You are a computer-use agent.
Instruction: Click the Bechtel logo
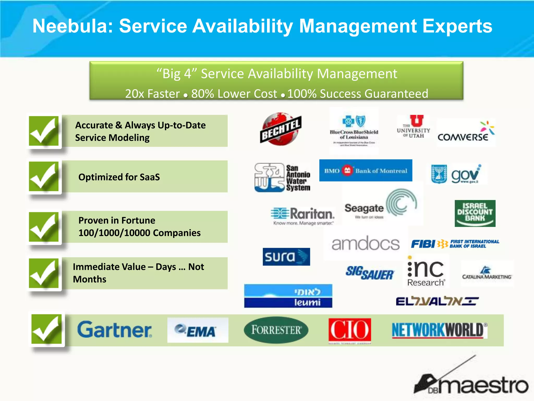tap(281, 129)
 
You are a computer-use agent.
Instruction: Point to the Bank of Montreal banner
tap(366, 170)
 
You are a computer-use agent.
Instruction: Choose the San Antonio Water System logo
tap(282, 178)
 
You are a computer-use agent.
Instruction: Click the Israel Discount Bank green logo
tap(475, 213)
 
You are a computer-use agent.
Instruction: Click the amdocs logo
tap(366, 244)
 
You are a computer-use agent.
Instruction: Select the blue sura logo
tap(286, 257)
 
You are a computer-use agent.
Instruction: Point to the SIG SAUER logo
tap(370, 273)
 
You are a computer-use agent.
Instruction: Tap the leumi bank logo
tap(288, 296)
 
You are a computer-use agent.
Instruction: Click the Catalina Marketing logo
tap(487, 274)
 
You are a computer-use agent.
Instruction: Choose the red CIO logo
tap(350, 330)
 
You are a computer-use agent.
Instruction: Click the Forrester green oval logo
tap(276, 330)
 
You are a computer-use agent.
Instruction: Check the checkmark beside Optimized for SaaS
tap(44, 177)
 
